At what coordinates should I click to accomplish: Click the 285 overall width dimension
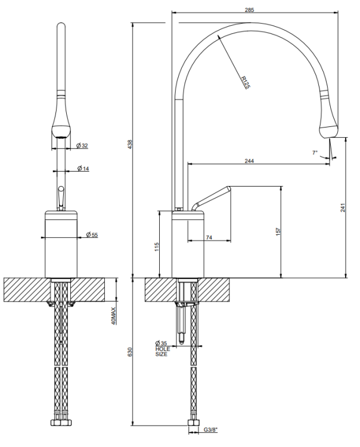click(x=249, y=10)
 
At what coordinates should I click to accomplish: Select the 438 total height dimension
click(x=130, y=144)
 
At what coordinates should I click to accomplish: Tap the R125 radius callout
click(x=245, y=82)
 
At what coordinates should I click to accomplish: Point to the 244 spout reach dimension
click(x=249, y=161)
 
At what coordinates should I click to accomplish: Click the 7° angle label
click(x=315, y=153)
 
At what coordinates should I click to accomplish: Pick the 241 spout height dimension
click(x=343, y=207)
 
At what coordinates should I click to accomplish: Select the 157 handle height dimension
click(x=278, y=231)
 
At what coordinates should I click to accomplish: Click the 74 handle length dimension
click(x=209, y=237)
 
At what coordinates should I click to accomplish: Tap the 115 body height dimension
click(x=157, y=247)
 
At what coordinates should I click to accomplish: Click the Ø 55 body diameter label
click(x=92, y=235)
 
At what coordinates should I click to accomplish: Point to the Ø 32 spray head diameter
click(x=82, y=145)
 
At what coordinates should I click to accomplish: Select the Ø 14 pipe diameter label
click(x=83, y=169)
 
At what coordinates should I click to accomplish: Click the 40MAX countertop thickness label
click(x=113, y=316)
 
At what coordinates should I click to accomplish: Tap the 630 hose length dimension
click(x=130, y=352)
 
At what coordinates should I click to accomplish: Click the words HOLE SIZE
click(x=163, y=352)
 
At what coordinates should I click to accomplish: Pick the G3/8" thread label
click(x=210, y=437)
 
